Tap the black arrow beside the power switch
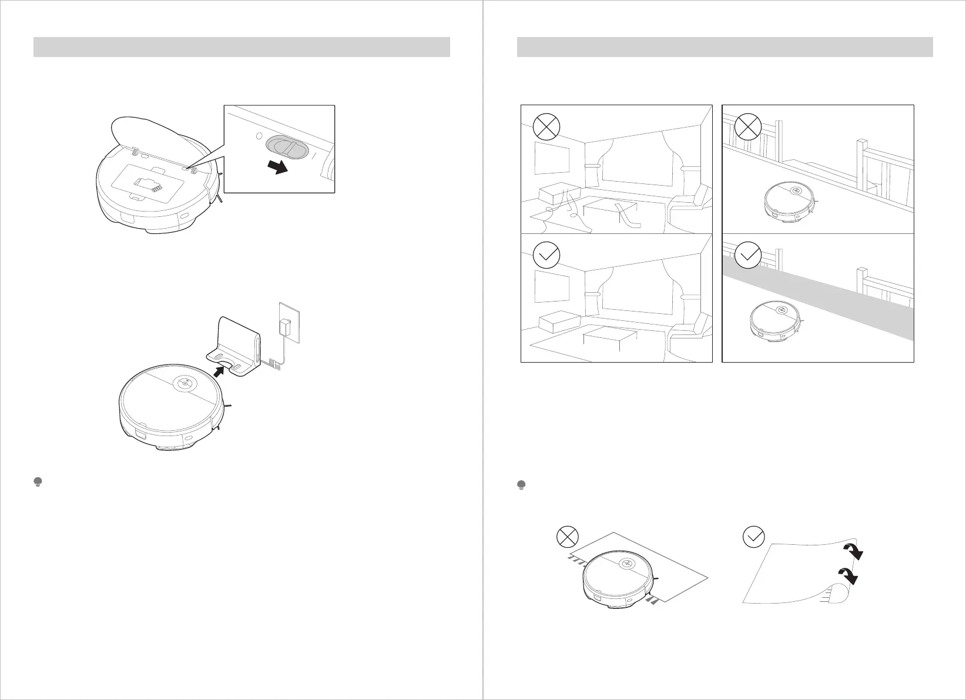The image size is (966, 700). click(x=278, y=168)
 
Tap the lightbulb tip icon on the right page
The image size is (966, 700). click(x=521, y=485)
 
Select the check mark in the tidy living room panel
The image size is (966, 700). click(x=546, y=255)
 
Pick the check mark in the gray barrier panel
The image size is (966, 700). click(x=748, y=255)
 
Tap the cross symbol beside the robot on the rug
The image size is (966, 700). click(x=567, y=536)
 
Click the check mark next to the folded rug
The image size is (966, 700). click(x=754, y=536)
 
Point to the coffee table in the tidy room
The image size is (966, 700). click(x=610, y=337)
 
